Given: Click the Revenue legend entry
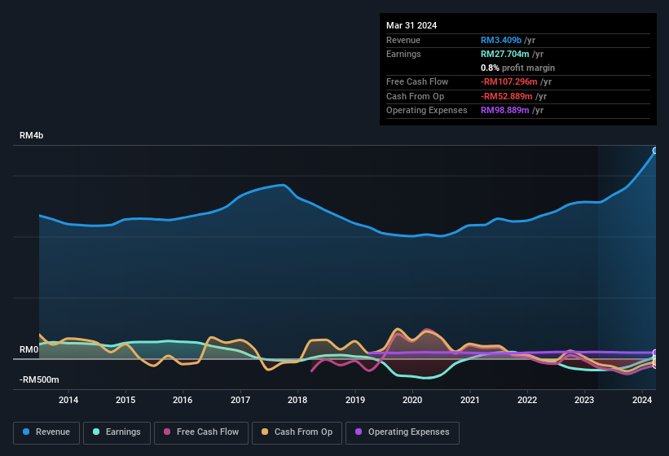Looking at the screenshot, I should (x=47, y=432).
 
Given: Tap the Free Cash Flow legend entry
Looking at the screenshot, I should (x=201, y=432).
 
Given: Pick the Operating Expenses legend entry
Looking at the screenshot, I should (x=403, y=432).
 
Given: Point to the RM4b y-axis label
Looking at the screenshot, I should (x=31, y=136).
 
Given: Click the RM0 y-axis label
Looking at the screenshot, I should (x=29, y=349).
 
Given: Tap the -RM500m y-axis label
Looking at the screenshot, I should (x=39, y=379).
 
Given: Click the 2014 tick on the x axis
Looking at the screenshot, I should (x=68, y=400).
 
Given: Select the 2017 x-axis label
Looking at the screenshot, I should (x=240, y=400).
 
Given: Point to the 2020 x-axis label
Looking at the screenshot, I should (x=412, y=400).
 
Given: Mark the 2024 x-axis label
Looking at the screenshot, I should (x=642, y=400).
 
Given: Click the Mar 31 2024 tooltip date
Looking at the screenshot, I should (x=412, y=25).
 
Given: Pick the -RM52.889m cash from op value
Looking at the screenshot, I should (x=509, y=96).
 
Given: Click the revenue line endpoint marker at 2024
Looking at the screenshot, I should (x=655, y=151).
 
